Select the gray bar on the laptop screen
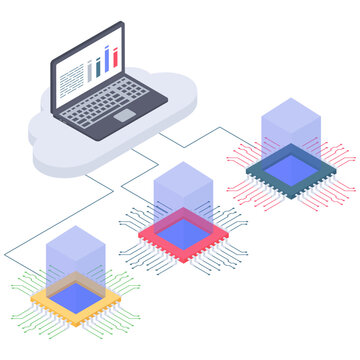[x=97, y=67]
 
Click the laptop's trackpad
[x=124, y=116]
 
